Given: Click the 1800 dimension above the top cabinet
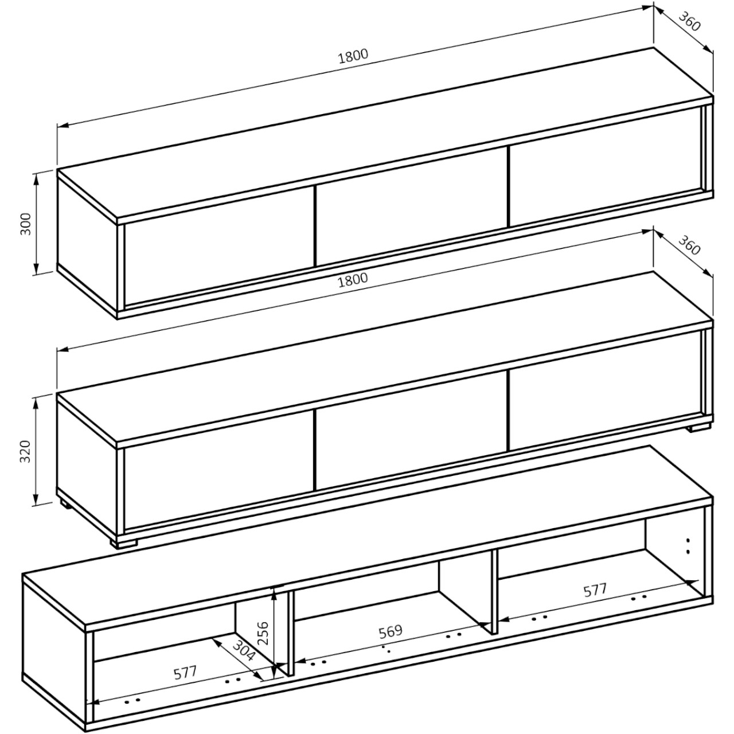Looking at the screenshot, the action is coord(353,56).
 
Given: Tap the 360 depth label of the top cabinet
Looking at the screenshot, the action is coord(690,22).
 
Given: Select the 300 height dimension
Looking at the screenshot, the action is coord(26,224).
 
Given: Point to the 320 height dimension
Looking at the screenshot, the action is coord(26,451).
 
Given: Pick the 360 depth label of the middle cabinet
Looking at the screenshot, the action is coord(690,245).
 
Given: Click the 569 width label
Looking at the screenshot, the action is coord(391,631).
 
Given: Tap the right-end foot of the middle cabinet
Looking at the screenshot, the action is coord(699,428).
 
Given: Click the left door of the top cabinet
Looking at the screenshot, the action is coord(220,245).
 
